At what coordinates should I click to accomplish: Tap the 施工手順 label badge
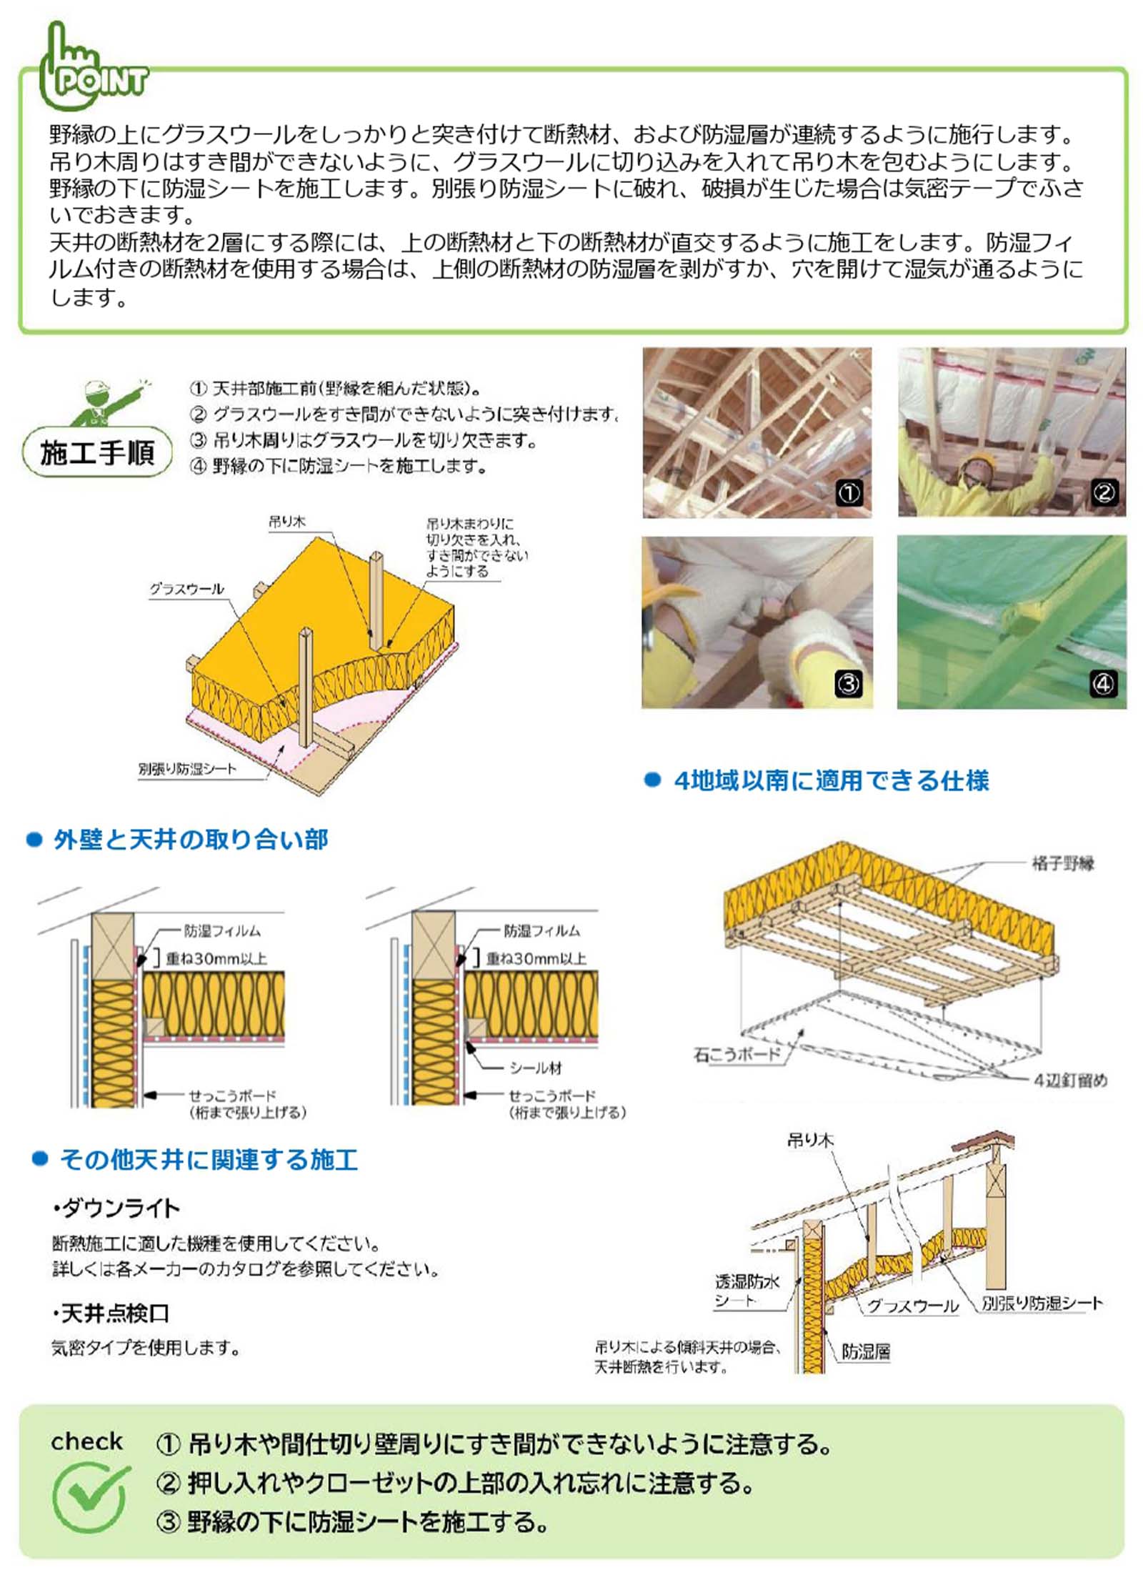[x=97, y=452]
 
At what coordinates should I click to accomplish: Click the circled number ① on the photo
[x=849, y=493]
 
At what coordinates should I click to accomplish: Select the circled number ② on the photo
[x=1104, y=492]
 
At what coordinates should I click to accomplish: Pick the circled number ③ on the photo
[x=849, y=684]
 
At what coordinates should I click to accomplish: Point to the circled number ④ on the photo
[x=1103, y=684]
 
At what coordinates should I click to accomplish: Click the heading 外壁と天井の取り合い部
[x=191, y=840]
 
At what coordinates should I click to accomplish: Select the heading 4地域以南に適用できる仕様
[x=832, y=780]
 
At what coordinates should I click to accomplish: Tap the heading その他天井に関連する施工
[x=209, y=1159]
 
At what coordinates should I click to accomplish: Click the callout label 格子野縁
[x=1063, y=863]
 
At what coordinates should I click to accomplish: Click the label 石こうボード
[x=737, y=1054]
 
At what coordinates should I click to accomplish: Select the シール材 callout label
[x=536, y=1068]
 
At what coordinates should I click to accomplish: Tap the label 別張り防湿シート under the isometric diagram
[x=187, y=769]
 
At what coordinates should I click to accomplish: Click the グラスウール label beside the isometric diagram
[x=186, y=589]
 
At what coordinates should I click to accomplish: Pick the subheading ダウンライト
[x=117, y=1208]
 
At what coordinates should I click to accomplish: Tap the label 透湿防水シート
[x=747, y=1291]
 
